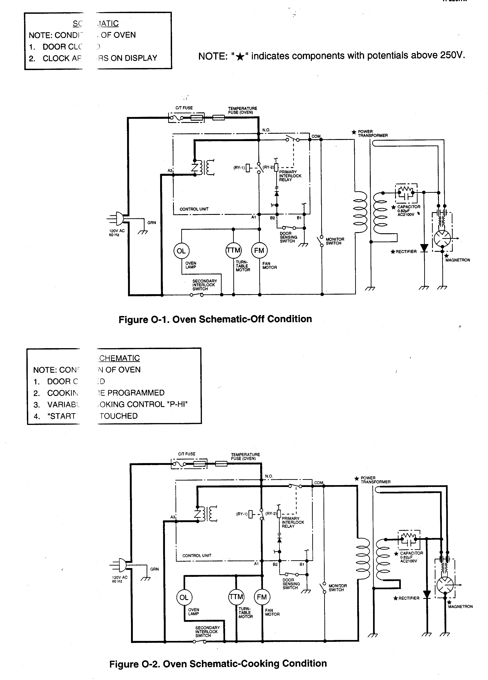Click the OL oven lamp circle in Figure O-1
181,251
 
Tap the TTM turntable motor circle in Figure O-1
234,250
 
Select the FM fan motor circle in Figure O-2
262,597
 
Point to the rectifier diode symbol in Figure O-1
424,248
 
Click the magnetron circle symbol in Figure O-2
445,585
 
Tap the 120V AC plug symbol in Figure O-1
119,219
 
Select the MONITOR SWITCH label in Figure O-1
335,241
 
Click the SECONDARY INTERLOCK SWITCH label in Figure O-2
207,632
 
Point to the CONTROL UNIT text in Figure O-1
194,209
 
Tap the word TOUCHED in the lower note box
119,416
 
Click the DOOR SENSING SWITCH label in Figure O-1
288,237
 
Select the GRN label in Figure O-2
154,569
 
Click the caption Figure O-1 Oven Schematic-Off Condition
215,319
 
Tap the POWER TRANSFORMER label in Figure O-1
372,134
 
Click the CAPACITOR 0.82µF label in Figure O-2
411,557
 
